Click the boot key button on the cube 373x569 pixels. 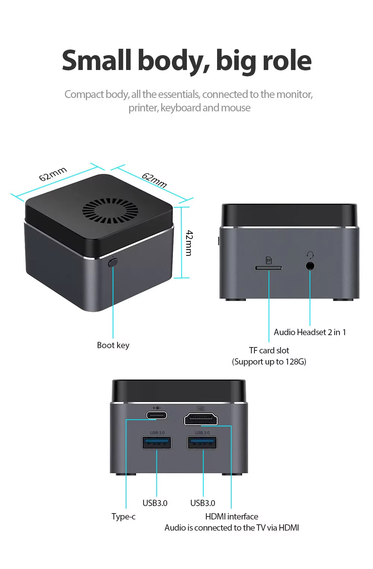point(113,262)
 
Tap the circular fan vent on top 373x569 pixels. point(110,211)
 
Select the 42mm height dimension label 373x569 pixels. point(189,243)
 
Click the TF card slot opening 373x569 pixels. point(269,268)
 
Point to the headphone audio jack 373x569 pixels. point(310,266)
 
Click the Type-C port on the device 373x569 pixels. point(157,415)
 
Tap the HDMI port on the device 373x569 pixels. point(201,419)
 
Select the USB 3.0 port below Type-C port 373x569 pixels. point(157,442)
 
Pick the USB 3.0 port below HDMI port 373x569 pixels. point(202,442)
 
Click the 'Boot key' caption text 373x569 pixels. point(113,345)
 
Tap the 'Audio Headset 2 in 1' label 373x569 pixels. point(310,332)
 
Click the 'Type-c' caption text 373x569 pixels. point(123,516)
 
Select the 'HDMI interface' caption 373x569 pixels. point(232,516)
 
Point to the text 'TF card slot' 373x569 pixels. point(269,350)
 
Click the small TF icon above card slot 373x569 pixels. point(269,260)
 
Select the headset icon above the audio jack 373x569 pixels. point(310,255)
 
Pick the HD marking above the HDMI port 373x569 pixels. point(201,409)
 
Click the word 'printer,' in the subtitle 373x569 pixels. point(144,108)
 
